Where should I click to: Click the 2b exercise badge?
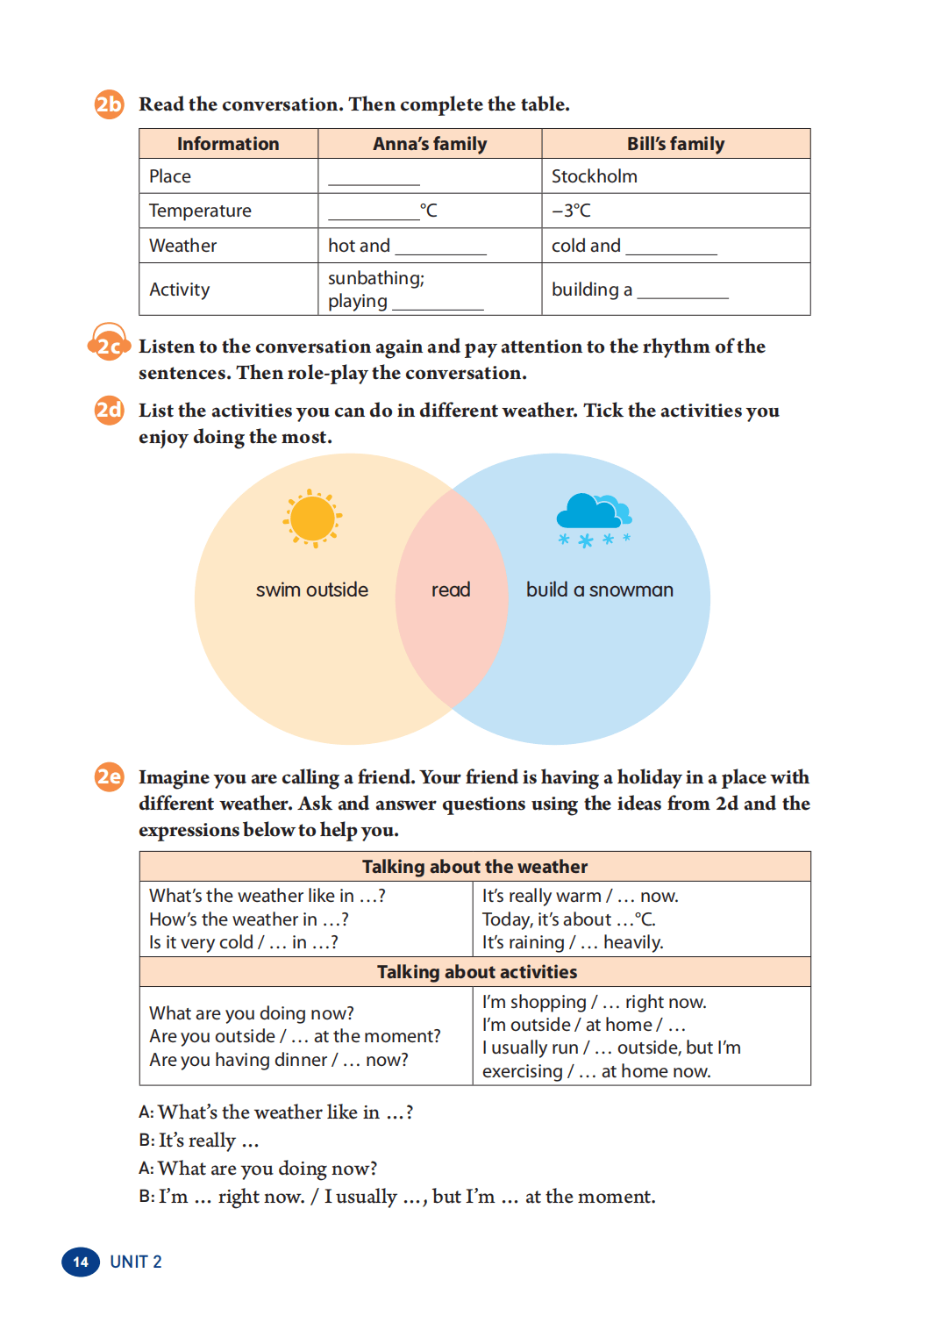point(109,104)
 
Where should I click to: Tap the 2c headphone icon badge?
point(109,345)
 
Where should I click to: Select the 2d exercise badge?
point(109,410)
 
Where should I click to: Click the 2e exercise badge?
point(109,776)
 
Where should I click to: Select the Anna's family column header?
point(430,144)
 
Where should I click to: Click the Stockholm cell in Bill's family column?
point(595,176)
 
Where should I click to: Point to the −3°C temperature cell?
point(572,211)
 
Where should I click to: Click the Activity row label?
point(180,290)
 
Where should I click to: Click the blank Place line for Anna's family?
point(374,179)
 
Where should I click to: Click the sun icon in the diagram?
point(312,518)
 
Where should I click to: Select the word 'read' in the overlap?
point(451,590)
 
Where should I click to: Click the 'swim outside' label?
point(312,590)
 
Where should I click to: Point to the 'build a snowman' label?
point(600,590)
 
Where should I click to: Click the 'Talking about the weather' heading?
point(474,867)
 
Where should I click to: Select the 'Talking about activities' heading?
point(477,972)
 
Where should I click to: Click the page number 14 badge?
point(81,1262)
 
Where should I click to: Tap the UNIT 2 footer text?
point(136,1262)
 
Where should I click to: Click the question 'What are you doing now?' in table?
point(252,1013)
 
